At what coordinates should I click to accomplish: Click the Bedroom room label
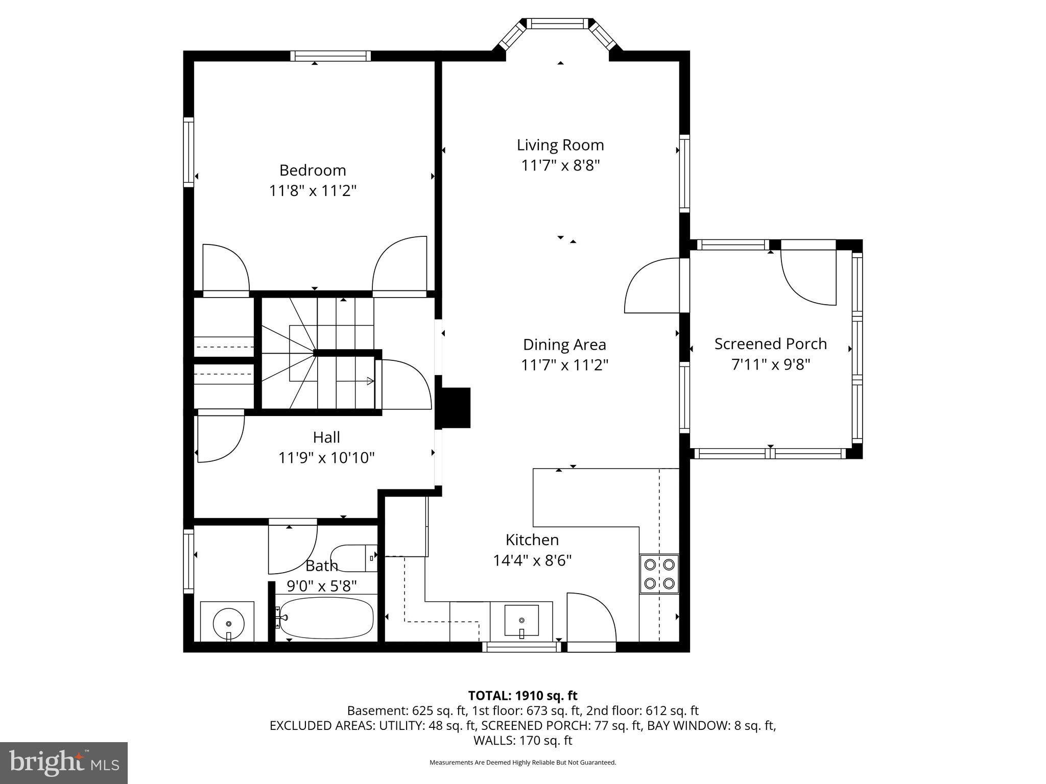click(313, 170)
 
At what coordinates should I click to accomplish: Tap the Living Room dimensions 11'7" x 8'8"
click(560, 166)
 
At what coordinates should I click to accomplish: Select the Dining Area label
click(564, 345)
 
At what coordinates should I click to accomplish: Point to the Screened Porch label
click(770, 344)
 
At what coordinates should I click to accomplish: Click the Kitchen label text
click(532, 540)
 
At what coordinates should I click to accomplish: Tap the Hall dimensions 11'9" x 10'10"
click(326, 458)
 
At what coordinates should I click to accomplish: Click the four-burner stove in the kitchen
click(659, 574)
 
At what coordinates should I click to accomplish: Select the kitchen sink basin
click(521, 620)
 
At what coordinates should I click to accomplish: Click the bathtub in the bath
click(327, 618)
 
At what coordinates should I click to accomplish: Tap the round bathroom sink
click(228, 623)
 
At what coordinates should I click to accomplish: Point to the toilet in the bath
click(352, 557)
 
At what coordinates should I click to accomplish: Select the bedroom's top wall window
click(331, 56)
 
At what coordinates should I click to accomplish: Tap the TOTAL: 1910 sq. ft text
click(522, 695)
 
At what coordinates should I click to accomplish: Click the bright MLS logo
click(64, 763)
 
